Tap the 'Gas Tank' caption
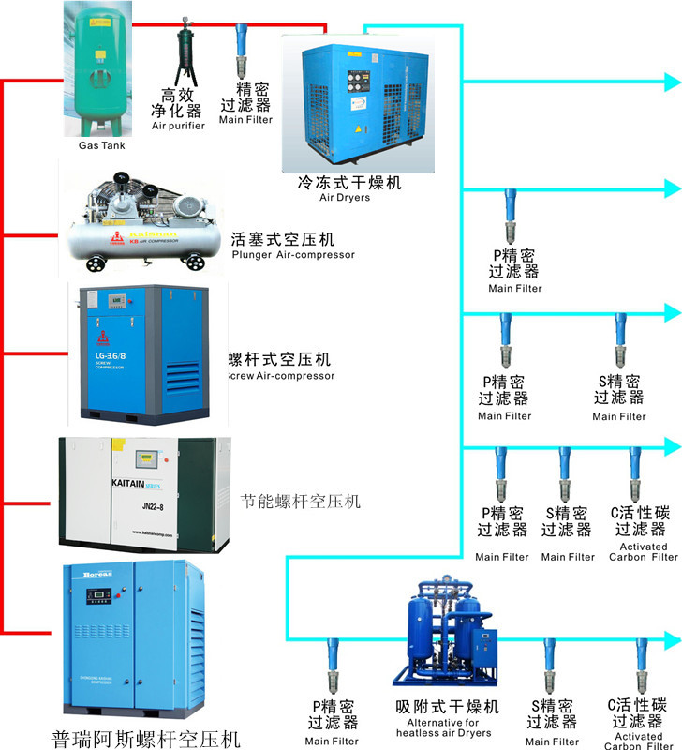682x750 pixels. pos(100,145)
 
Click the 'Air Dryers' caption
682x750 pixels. pos(345,198)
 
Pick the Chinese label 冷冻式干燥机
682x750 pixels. pos(348,182)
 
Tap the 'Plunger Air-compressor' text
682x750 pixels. pos(293,255)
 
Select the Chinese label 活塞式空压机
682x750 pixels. pos(282,239)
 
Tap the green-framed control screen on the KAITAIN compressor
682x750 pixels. pos(148,459)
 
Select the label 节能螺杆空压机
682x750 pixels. pos(300,502)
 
